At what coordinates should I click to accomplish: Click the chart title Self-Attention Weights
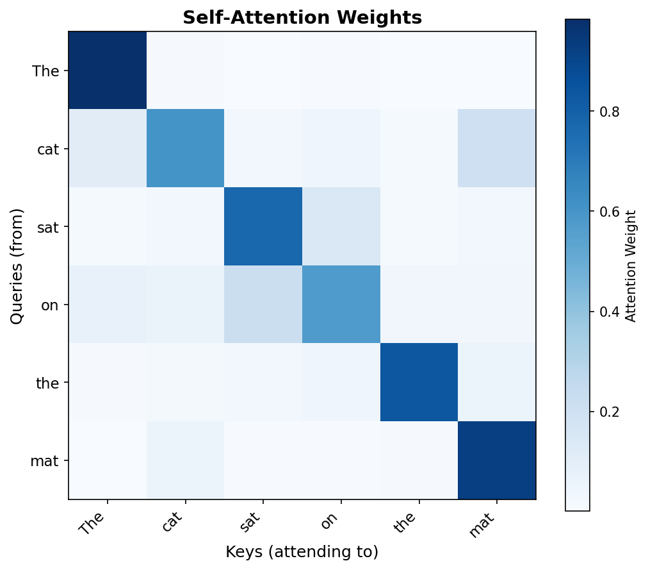pyautogui.click(x=302, y=18)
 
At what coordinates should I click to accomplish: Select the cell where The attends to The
pyautogui.click(x=108, y=71)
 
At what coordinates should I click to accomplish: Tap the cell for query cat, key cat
pyautogui.click(x=186, y=148)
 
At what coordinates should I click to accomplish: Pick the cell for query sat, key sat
pyautogui.click(x=263, y=226)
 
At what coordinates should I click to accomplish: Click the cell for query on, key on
pyautogui.click(x=341, y=305)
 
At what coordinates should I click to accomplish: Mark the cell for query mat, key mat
pyautogui.click(x=497, y=460)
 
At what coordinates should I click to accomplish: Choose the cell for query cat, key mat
pyautogui.click(x=497, y=148)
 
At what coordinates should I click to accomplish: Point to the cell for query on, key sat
pyautogui.click(x=263, y=305)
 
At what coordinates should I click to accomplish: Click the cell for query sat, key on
pyautogui.click(x=341, y=226)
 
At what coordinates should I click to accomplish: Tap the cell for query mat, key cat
pyautogui.click(x=186, y=460)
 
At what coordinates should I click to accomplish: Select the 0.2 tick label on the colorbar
pyautogui.click(x=609, y=412)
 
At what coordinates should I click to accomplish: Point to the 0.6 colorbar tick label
pyautogui.click(x=609, y=212)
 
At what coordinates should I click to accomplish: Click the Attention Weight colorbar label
pyautogui.click(x=631, y=265)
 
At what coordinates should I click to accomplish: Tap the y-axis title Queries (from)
pyautogui.click(x=17, y=265)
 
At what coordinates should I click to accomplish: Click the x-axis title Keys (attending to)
pyautogui.click(x=302, y=551)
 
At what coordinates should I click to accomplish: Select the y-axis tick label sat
pyautogui.click(x=49, y=226)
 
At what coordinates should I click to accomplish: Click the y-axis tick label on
pyautogui.click(x=50, y=305)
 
